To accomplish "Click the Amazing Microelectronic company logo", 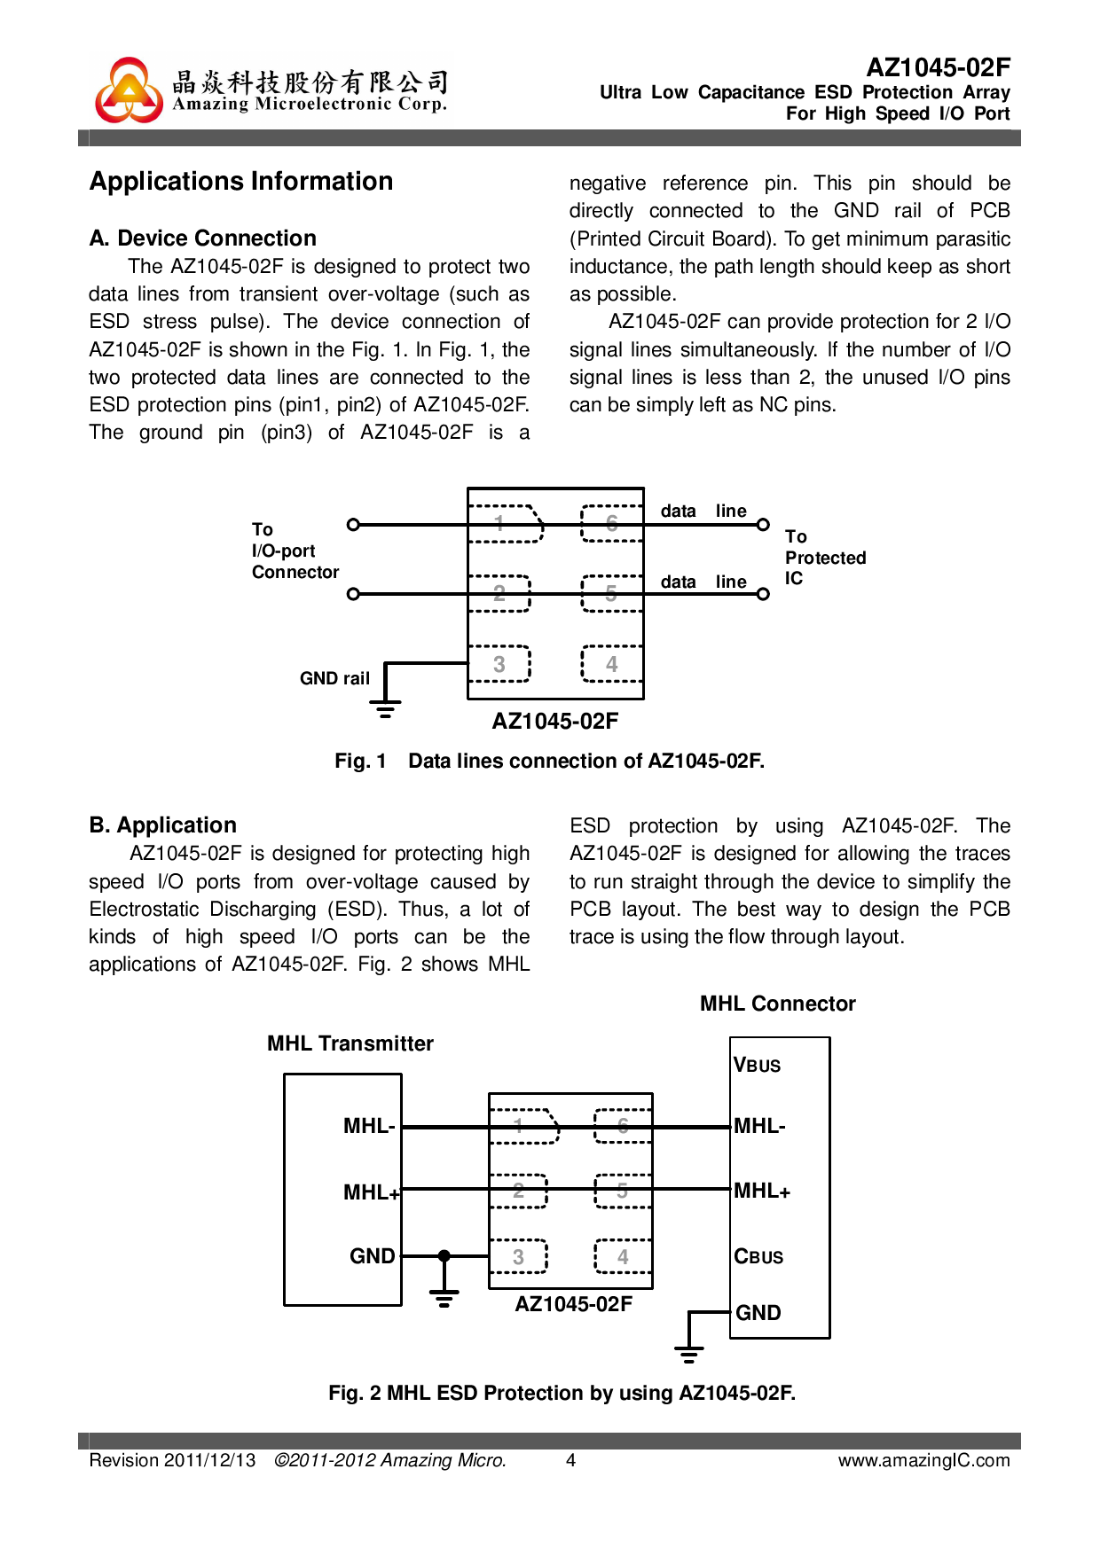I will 130,90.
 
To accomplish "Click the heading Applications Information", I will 241,182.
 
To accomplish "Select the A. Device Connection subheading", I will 203,238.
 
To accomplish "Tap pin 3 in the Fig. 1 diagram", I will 499,664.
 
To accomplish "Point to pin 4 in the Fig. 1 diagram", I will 611,664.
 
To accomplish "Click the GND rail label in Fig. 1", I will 334,678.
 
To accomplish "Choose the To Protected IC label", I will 824,558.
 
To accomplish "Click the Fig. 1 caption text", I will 549,761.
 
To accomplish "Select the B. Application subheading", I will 163,825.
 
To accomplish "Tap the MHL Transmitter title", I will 350,1043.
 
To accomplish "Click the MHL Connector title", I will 777,1004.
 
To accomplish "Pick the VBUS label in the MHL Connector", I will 758,1065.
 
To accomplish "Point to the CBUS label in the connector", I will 758,1256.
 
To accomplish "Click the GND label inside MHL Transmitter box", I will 373,1256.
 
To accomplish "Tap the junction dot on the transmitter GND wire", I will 444,1255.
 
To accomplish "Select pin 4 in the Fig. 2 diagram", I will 623,1256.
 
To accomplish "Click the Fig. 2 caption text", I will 562,1393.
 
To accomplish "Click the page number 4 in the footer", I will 571,1460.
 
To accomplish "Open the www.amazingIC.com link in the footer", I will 923,1460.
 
